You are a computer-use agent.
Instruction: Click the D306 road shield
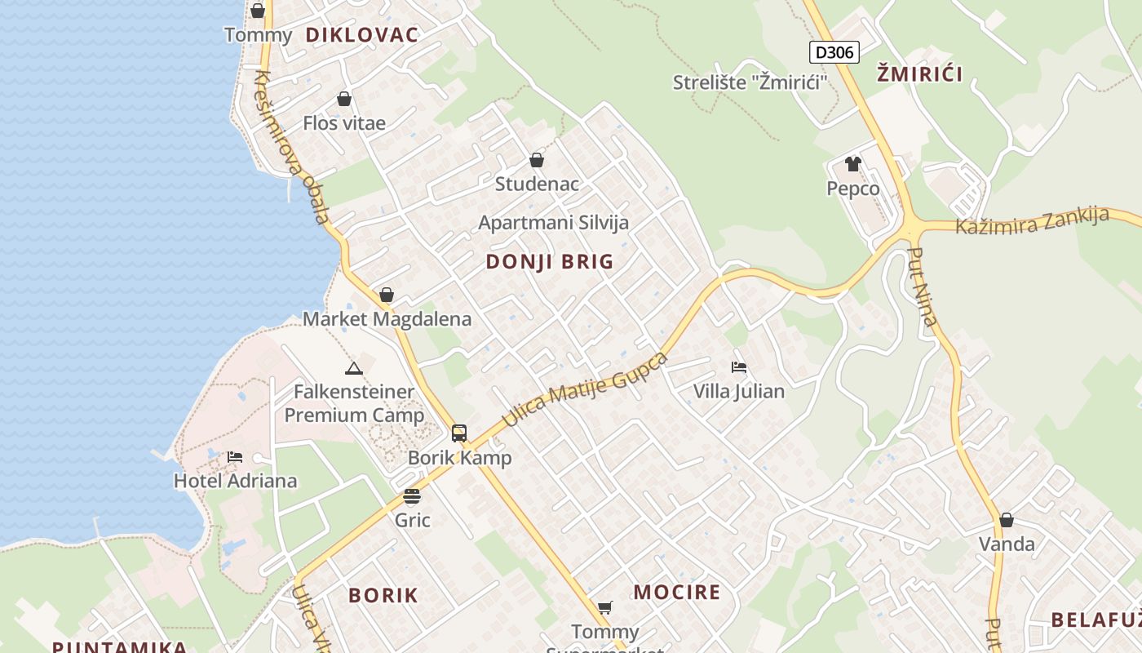pos(834,53)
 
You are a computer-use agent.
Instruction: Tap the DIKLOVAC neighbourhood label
pos(361,34)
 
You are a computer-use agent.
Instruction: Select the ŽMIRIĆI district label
pos(919,74)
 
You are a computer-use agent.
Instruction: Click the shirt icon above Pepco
pos(853,164)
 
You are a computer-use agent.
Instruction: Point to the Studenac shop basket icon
pos(537,160)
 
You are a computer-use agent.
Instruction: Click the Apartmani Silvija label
pos(553,223)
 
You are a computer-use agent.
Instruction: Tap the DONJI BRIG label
pos(549,262)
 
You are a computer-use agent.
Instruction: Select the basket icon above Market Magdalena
pos(387,295)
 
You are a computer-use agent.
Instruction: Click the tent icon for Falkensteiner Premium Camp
pos(353,368)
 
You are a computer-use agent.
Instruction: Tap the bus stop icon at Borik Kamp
pos(459,433)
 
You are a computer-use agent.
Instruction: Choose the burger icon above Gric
pos(412,496)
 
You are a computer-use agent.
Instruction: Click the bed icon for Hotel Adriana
pos(235,457)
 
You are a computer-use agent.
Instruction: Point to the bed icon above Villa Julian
pos(739,367)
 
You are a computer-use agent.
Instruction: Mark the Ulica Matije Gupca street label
pos(584,391)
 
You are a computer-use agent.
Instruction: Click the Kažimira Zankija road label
pos(1032,221)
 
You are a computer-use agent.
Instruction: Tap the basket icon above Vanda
pos(1007,520)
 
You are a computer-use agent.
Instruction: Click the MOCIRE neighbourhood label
pos(677,593)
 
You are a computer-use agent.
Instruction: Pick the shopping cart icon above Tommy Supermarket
pos(604,607)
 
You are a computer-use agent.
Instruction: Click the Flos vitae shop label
pos(344,123)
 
